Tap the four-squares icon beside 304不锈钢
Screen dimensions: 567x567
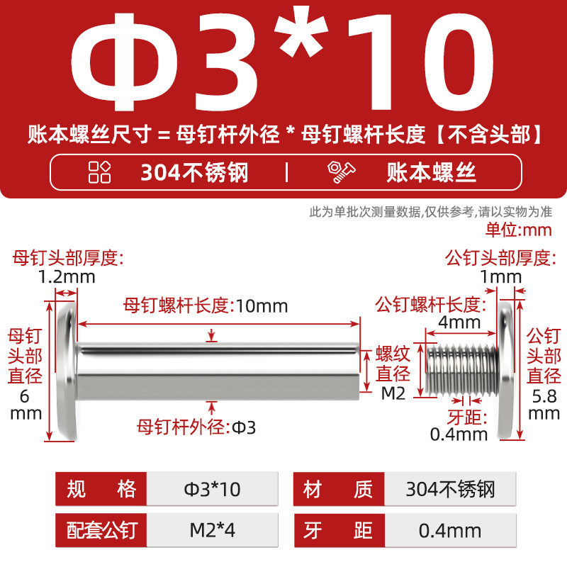pos(99,172)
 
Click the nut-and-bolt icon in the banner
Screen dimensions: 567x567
pos(341,172)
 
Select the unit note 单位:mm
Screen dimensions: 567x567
pos(518,230)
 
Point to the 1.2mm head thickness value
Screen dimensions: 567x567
pos(67,277)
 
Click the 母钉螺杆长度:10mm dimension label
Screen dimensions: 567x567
pos(206,305)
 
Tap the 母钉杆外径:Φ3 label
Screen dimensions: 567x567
pos(196,427)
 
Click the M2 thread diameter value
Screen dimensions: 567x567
pos(393,393)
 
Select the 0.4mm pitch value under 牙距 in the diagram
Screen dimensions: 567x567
pos(459,434)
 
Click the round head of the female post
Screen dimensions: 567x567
pos(67,371)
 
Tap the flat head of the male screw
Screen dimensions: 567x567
pos(505,371)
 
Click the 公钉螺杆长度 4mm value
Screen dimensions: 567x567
pos(459,322)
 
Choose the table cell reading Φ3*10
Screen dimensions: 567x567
pos(212,489)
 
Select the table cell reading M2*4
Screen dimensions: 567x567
pos(212,530)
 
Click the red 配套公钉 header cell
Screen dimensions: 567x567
pos(101,530)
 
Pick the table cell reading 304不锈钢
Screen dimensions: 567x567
pos(450,489)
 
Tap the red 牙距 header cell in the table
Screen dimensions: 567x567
pos(339,530)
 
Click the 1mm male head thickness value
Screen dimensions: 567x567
pos(501,277)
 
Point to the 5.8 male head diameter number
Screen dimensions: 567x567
pos(544,397)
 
